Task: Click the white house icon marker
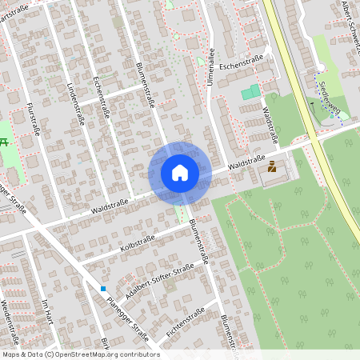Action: click(180, 172)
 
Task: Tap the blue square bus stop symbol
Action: click(103, 288)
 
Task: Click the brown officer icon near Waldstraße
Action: click(272, 167)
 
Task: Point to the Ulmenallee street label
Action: click(211, 68)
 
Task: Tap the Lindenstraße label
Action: click(75, 103)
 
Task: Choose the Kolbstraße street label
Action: click(137, 241)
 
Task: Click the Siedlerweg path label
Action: click(327, 95)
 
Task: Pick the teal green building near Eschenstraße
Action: click(251, 93)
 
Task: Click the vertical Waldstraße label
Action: click(270, 127)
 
